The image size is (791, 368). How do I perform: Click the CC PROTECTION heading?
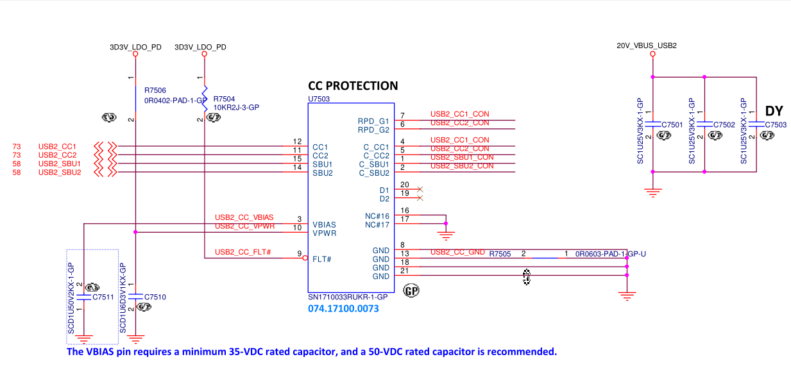pyautogui.click(x=353, y=86)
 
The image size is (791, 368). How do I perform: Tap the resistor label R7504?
pyautogui.click(x=224, y=99)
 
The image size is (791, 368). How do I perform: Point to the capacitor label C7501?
pyautogui.click(x=672, y=124)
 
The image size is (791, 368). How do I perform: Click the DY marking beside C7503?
pyautogui.click(x=774, y=111)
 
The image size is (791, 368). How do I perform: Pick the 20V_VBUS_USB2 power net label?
pyautogui.click(x=647, y=46)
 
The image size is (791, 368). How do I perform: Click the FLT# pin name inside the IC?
pyautogui.click(x=321, y=259)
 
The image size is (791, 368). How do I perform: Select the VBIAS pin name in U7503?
pyautogui.click(x=325, y=225)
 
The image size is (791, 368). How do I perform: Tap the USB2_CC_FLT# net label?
pyautogui.click(x=243, y=252)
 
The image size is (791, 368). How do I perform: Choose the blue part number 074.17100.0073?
pyautogui.click(x=343, y=309)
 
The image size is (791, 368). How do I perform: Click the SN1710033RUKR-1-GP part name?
pyautogui.click(x=348, y=297)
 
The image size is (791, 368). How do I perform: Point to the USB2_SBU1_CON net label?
pyautogui.click(x=462, y=157)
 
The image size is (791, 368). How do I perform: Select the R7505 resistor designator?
pyautogui.click(x=500, y=255)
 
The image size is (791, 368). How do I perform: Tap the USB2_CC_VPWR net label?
pyautogui.click(x=244, y=226)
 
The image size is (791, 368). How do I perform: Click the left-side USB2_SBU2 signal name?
pyautogui.click(x=60, y=172)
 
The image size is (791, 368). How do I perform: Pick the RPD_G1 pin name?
pyautogui.click(x=373, y=121)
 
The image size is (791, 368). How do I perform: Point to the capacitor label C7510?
pyautogui.click(x=155, y=297)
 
